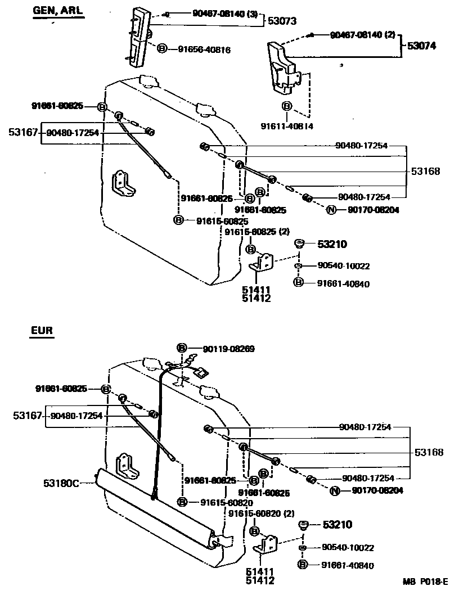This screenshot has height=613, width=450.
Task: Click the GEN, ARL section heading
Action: (x=57, y=11)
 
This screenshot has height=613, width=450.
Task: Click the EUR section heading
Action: (x=42, y=331)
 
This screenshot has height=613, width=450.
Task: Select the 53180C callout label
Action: (x=61, y=482)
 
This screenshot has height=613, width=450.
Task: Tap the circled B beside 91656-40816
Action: (x=162, y=49)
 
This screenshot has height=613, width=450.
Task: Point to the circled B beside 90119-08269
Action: (x=182, y=348)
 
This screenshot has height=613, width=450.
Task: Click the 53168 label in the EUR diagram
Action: (x=429, y=452)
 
